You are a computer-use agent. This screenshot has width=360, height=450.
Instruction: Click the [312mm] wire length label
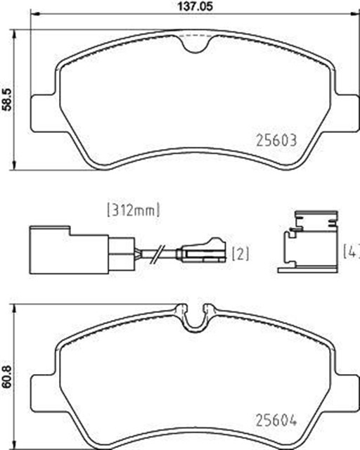[x=133, y=209]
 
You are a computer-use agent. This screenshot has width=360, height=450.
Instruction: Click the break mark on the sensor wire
[x=160, y=252]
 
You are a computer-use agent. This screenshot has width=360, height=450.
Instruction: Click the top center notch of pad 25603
[x=195, y=44]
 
